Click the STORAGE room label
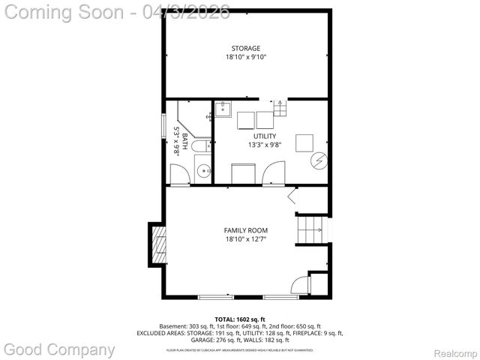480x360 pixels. coord(245,48)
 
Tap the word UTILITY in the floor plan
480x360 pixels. coord(264,136)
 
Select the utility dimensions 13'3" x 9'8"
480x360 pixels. coord(264,145)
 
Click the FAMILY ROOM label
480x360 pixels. coord(245,230)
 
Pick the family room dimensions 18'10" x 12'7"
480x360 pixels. coord(245,239)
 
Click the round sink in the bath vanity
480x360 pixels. coord(203,172)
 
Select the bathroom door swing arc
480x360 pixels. coord(178,174)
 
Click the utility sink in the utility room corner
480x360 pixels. coord(223,110)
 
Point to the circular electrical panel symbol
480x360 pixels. coord(319,160)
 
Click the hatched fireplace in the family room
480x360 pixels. coord(158,244)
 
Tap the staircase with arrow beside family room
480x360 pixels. coord(312,229)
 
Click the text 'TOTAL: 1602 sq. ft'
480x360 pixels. coord(239,319)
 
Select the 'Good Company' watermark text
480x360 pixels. coord(60,349)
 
